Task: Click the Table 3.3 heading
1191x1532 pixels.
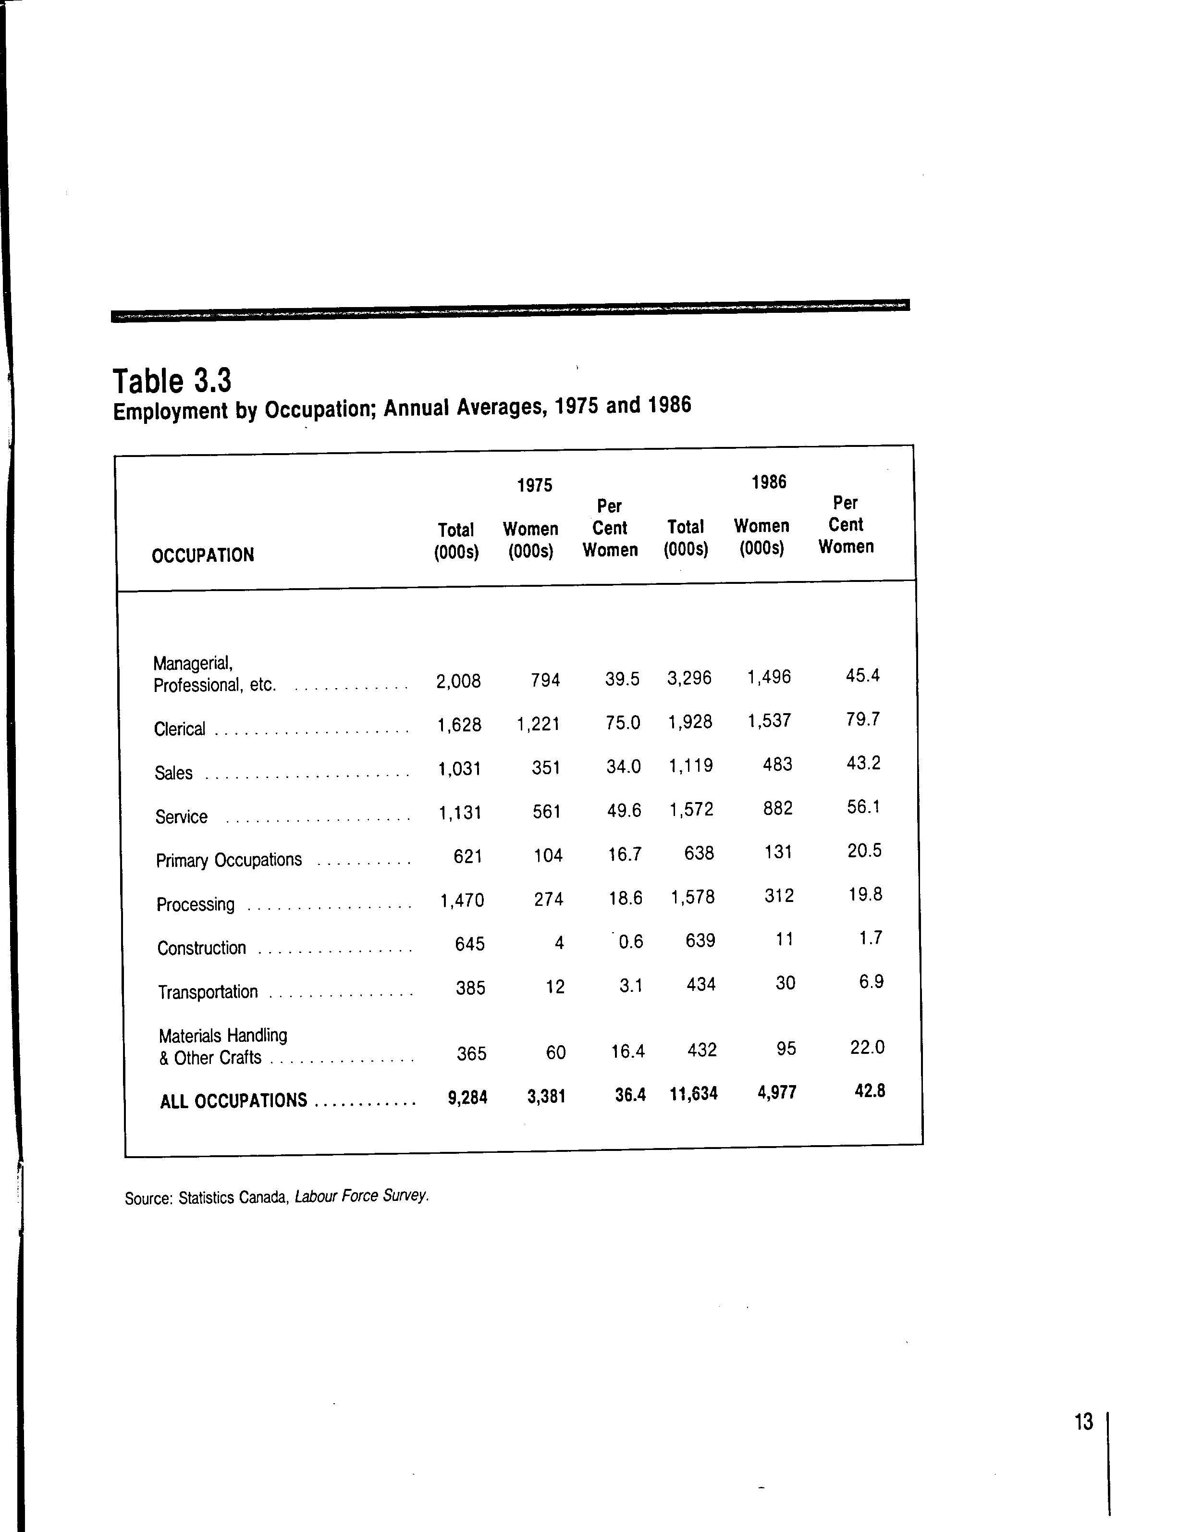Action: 172,381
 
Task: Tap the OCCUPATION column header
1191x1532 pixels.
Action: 203,556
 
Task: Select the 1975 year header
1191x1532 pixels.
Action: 534,485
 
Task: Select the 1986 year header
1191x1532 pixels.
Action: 769,482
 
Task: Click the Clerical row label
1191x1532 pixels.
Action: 180,729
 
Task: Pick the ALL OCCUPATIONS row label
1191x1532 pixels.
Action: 233,1100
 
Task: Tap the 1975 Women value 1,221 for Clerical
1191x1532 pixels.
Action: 538,724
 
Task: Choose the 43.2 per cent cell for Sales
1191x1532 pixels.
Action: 863,763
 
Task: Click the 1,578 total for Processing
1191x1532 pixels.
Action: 692,897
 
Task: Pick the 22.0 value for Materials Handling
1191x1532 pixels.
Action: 867,1047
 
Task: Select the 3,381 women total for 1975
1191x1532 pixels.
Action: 546,1096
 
